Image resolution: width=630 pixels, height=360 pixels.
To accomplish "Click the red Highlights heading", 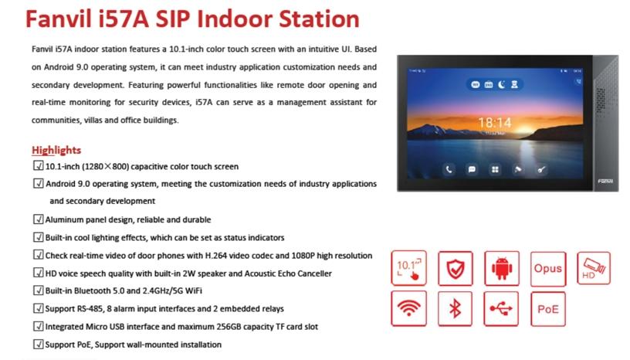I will click(x=56, y=149).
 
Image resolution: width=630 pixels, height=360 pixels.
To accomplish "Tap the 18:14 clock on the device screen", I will click(x=494, y=122).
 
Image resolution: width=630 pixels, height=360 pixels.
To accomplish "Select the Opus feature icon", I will click(x=547, y=268).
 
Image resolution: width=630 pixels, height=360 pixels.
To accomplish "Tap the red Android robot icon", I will click(x=502, y=268).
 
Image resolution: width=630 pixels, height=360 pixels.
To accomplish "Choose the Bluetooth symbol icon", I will click(x=456, y=309).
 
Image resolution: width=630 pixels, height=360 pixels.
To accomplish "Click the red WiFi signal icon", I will click(x=409, y=309).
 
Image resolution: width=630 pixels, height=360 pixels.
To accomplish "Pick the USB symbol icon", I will click(x=502, y=309).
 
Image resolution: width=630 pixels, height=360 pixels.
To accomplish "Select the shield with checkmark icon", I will click(x=456, y=268).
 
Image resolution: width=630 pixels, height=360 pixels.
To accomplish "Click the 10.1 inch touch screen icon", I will click(x=409, y=268).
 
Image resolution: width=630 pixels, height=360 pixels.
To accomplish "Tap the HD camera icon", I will click(x=593, y=268).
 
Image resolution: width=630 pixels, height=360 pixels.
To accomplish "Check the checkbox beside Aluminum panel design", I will click(x=38, y=219).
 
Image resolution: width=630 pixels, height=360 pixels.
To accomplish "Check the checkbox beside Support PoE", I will click(x=38, y=344).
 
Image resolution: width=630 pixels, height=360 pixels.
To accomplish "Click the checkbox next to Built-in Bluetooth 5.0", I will click(x=38, y=290).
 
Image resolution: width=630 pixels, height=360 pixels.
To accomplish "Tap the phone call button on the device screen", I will click(x=448, y=169).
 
